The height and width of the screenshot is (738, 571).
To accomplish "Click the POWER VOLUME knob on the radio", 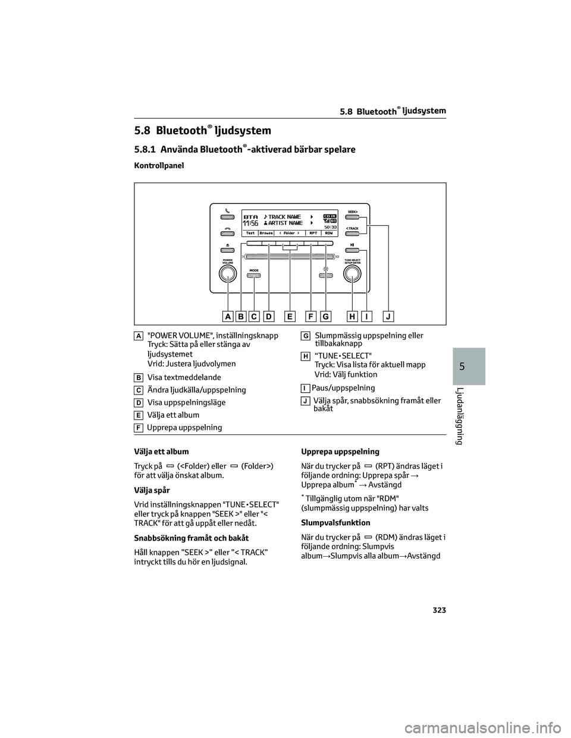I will coord(226,273).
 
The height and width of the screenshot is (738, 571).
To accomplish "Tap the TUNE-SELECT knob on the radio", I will coord(352,273).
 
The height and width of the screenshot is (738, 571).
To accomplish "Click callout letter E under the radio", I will coord(290,317).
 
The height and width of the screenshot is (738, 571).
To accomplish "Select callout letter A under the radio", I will coord(228,317).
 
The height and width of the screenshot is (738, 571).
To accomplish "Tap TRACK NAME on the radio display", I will coord(285,217).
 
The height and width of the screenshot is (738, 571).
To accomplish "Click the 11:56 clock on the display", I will coord(250,223).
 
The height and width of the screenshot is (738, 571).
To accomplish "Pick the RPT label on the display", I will coord(313,233).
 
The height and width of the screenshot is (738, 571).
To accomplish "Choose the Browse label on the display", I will coord(266,233).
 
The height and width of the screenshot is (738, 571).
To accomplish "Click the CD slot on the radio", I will coord(290,257).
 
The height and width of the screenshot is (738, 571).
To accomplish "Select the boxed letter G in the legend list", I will coord(305,336).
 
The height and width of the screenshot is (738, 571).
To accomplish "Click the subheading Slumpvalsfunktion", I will coord(331,523).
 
